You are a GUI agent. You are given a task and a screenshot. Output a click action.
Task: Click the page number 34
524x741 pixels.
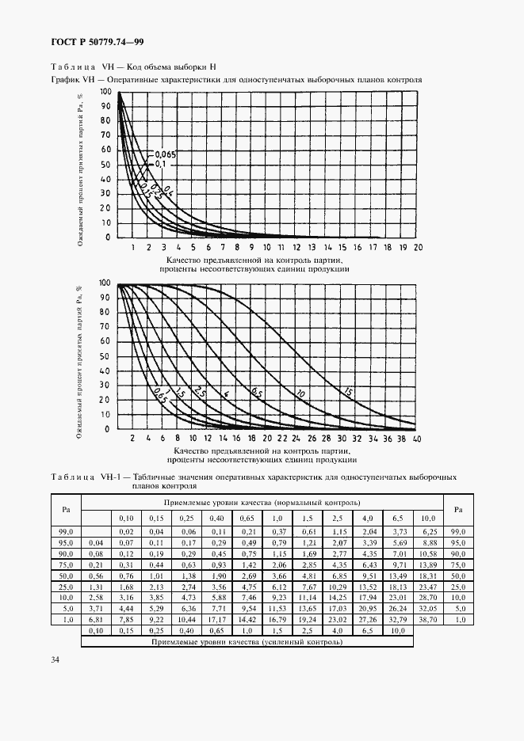(33, 659)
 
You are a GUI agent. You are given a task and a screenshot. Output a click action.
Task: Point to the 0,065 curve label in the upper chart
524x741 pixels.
(164, 154)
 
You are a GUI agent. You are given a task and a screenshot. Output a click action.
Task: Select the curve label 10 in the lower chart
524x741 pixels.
(300, 393)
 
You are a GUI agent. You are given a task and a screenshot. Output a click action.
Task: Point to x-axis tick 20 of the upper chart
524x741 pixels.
(418, 248)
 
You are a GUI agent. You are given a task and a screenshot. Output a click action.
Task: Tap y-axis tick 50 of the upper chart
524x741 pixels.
(105, 165)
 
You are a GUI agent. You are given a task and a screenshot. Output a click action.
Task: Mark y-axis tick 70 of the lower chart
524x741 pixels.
(105, 326)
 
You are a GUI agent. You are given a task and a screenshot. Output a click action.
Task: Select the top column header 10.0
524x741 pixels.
(427, 517)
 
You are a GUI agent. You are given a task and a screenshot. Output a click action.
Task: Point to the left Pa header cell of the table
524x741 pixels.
(66, 509)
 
